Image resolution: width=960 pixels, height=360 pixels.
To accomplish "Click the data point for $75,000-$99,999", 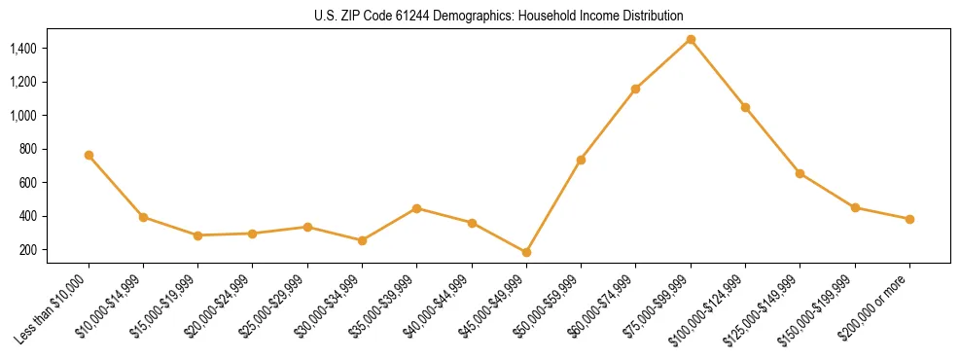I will point(691,39).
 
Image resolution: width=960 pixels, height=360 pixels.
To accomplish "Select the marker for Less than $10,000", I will point(89,155).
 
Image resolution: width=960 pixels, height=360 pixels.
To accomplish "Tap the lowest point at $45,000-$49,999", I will point(526,252).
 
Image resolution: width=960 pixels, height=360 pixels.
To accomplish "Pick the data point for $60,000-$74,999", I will point(635,89).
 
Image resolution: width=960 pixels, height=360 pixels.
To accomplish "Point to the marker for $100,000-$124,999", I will point(745,107).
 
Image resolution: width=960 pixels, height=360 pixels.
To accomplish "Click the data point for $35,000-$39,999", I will point(417,208).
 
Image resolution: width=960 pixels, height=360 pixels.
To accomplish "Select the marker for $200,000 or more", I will point(909,219).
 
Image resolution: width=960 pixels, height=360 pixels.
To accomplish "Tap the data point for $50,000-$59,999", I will point(581,160).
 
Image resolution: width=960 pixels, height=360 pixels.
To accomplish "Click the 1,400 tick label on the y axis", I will point(23,48).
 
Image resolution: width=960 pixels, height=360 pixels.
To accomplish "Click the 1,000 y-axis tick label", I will point(23,115).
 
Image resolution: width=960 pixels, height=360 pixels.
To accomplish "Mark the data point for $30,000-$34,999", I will point(362,240).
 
